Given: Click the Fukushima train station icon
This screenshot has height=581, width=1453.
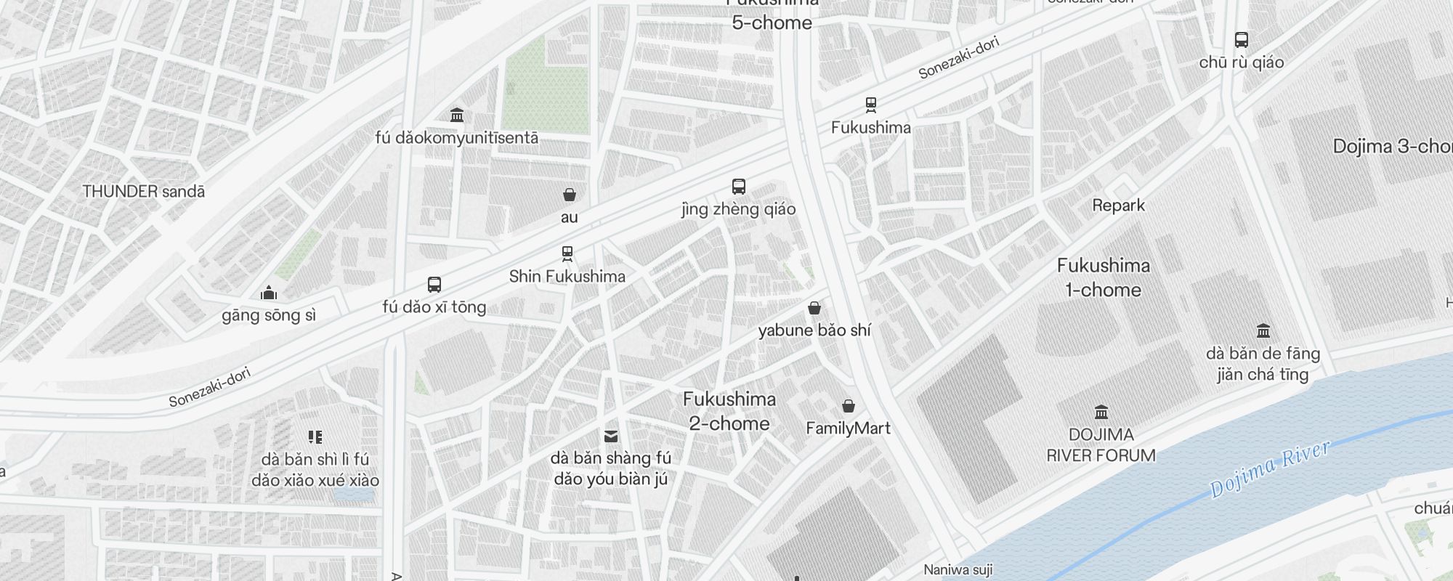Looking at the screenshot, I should pos(870,105).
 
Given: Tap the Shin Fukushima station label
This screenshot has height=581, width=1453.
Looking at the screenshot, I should pos(567,277).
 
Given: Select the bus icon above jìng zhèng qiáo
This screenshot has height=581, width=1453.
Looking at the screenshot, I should pos(738,187).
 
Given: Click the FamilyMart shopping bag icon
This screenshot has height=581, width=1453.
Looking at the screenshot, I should pos(848,406).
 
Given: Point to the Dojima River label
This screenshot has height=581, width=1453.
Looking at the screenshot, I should pos(1270,468).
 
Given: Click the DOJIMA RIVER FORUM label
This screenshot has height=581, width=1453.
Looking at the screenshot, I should pos(1101,445).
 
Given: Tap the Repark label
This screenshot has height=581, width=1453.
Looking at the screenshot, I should pos(1118,206).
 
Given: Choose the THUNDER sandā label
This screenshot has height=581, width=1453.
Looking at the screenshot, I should pos(144,192).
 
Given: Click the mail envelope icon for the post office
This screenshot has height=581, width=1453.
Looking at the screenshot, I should pos(611,436).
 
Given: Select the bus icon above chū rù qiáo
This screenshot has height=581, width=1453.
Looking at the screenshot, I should pos(1241,40).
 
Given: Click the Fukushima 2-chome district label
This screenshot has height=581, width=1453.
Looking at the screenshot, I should pos(729,411).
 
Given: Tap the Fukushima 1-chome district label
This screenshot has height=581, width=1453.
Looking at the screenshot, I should pos(1103,277).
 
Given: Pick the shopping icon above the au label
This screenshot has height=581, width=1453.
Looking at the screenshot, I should pos(570,195).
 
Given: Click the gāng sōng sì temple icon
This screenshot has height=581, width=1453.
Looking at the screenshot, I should pos(269,293).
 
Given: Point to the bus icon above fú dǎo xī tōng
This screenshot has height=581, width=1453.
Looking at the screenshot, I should pos(434,285).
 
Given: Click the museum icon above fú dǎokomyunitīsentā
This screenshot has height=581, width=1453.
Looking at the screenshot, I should pos(457,115).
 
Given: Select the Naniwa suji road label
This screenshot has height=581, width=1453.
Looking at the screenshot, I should pos(958,570).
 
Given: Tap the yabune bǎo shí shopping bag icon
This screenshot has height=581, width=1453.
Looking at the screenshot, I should pos(814,308).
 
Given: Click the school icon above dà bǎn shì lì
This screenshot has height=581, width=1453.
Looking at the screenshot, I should pos(315,436).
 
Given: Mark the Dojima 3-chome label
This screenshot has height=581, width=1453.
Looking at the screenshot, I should pos(1391,147).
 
